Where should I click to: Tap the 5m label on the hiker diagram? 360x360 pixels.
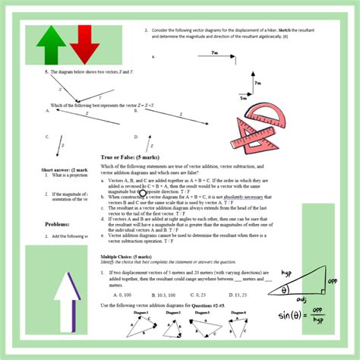(244, 97)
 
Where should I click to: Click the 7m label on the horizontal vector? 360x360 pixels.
(216, 53)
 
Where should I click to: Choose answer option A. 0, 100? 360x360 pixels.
(120, 293)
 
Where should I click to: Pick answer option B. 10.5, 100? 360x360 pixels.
(159, 293)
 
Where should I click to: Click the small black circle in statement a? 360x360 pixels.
(122, 192)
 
